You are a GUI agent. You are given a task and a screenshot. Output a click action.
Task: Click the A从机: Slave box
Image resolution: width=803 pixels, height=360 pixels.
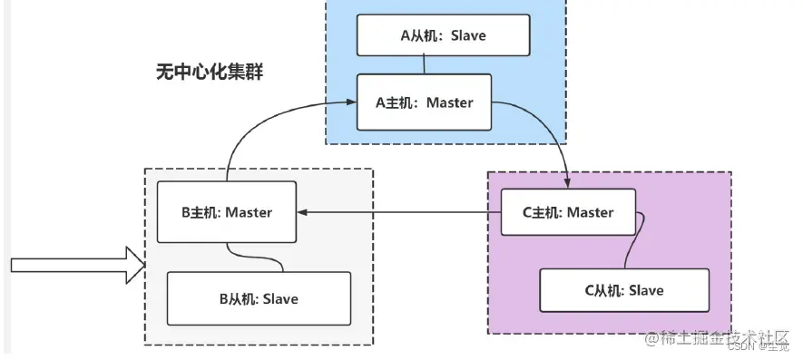pyautogui.click(x=443, y=35)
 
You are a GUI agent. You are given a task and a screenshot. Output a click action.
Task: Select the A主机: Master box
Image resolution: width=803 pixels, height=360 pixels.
pyautogui.click(x=424, y=102)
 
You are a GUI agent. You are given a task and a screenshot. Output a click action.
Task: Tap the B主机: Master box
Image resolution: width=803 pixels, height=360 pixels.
pyautogui.click(x=226, y=212)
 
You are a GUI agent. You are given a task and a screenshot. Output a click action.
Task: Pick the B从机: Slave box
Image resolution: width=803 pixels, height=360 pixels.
pyautogui.click(x=259, y=298)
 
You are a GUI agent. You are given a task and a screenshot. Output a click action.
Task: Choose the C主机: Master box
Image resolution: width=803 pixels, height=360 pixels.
pyautogui.click(x=569, y=212)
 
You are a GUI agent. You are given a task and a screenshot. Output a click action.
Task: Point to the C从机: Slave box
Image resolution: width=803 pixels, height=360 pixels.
pyautogui.click(x=623, y=290)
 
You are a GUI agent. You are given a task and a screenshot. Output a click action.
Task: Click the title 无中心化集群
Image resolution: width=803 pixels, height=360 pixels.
pyautogui.click(x=209, y=72)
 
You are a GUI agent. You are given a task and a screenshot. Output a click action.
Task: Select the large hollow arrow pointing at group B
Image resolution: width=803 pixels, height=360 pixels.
pyautogui.click(x=77, y=265)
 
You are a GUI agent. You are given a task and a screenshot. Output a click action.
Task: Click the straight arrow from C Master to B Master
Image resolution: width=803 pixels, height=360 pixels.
pyautogui.click(x=399, y=213)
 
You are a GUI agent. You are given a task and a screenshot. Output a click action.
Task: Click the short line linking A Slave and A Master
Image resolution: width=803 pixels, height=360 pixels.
pyautogui.click(x=424, y=65)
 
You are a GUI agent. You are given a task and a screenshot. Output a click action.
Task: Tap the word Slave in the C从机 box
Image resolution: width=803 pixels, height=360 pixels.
pyautogui.click(x=646, y=290)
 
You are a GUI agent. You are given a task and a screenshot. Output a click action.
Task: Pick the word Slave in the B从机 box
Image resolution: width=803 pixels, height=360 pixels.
pyautogui.click(x=280, y=298)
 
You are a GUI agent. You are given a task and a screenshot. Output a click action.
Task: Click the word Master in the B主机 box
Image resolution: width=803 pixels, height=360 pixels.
pyautogui.click(x=250, y=212)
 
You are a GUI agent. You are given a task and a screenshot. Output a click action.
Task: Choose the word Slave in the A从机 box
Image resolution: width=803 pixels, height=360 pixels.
pyautogui.click(x=468, y=35)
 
